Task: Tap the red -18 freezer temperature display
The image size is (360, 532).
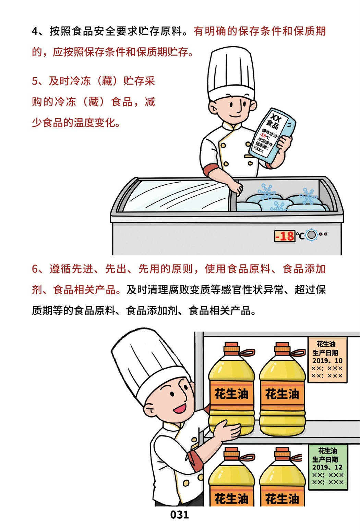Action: click(x=285, y=236)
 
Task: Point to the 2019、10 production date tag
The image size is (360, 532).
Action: click(x=327, y=360)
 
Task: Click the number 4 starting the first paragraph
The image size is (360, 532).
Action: click(x=35, y=32)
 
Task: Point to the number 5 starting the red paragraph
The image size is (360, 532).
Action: click(x=35, y=81)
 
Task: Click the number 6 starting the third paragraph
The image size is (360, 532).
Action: click(x=35, y=269)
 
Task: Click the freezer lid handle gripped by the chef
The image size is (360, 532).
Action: click(x=233, y=196)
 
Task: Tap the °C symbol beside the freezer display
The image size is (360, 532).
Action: click(x=300, y=236)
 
